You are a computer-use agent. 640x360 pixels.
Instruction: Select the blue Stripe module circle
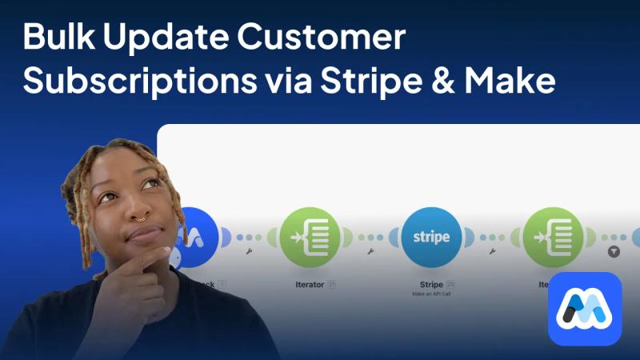pos(430,237)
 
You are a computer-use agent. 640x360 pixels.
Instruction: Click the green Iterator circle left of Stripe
pos(309,237)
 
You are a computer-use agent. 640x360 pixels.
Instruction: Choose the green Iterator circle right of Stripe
pos(552,237)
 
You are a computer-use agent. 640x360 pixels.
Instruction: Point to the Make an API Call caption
pos(431,294)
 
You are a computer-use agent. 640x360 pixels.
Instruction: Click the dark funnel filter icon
pos(614,251)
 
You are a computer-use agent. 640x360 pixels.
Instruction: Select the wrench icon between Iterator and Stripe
pos(370,251)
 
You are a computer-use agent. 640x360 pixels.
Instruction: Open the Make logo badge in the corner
pos(584,308)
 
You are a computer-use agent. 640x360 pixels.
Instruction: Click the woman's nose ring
pos(139,216)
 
